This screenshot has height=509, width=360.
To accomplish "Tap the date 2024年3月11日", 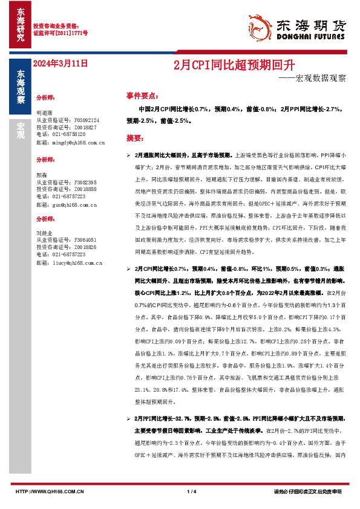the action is (x=61, y=63).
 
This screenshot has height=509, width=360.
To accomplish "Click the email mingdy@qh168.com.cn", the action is (x=71, y=143).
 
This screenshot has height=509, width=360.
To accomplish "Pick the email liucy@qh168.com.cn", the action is (x=70, y=263).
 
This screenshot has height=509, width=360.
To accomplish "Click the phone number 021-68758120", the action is (x=68, y=135).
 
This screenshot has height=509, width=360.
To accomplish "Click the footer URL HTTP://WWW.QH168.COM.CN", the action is (x=48, y=491).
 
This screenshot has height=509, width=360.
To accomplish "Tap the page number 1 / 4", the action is (x=191, y=491).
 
